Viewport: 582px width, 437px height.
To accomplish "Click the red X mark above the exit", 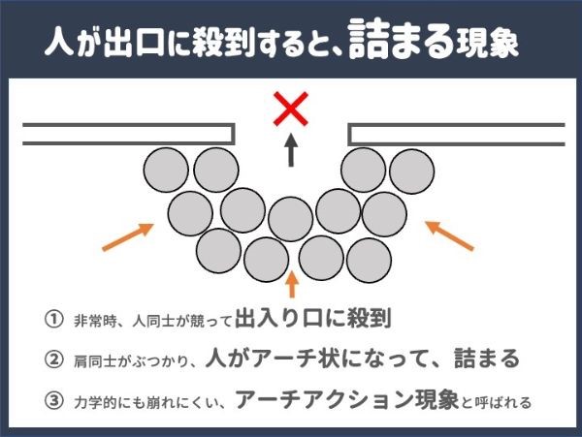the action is pyautogui.click(x=291, y=109).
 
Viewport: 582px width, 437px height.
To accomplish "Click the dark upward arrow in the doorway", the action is pyautogui.click(x=291, y=150).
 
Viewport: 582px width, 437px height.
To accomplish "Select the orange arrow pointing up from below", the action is pyautogui.click(x=293, y=284).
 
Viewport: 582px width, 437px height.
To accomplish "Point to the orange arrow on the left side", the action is pyautogui.click(x=128, y=236).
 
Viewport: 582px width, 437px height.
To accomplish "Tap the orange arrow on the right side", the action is pyautogui.click(x=449, y=235).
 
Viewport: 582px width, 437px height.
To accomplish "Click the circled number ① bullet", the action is pyautogui.click(x=53, y=319).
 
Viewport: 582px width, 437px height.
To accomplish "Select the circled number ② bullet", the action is pyautogui.click(x=53, y=359).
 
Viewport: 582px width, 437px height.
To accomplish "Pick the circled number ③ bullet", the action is pyautogui.click(x=53, y=401).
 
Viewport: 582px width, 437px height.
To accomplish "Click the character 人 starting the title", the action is pyautogui.click(x=59, y=41).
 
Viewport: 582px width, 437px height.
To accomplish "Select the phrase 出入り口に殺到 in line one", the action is pyautogui.click(x=313, y=318).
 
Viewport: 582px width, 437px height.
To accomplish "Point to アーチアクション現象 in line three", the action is pyautogui.click(x=347, y=399).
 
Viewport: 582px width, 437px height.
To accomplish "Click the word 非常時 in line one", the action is pyautogui.click(x=95, y=321).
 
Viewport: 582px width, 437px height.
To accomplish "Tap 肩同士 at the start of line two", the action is pyautogui.click(x=95, y=360).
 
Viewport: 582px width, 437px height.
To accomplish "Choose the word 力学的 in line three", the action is pyautogui.click(x=95, y=402).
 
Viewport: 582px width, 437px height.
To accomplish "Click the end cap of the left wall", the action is pyautogui.click(x=233, y=134).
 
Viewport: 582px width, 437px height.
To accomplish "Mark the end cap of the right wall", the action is pyautogui.click(x=350, y=134).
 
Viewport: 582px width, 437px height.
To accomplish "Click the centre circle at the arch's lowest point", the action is pyautogui.click(x=291, y=219).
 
